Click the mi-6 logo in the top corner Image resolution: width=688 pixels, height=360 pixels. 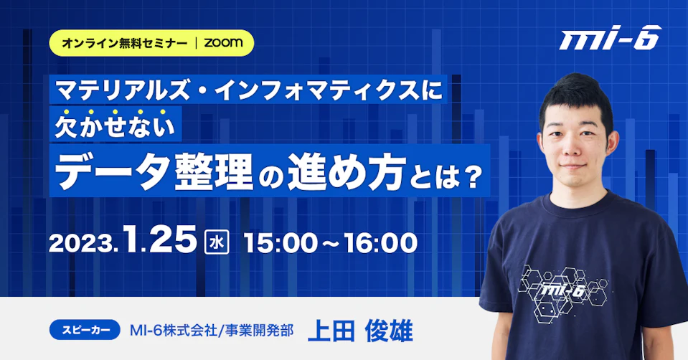tap(611, 38)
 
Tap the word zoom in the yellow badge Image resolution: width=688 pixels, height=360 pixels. tap(223, 42)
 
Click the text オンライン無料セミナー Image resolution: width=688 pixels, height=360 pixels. tap(125, 43)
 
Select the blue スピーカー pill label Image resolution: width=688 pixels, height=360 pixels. tap(85, 330)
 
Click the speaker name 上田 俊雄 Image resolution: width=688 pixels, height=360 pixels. tap(360, 331)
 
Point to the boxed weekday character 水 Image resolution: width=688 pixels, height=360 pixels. tap(217, 243)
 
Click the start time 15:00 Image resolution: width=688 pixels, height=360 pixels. tap(281, 243)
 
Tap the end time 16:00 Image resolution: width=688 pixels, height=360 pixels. tap(381, 243)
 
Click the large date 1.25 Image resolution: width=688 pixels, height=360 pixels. tap(160, 240)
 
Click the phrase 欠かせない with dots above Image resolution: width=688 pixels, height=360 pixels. tap(115, 125)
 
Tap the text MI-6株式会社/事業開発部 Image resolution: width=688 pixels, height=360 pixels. tap(212, 331)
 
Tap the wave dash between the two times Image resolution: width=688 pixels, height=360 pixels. tap(331, 244)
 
